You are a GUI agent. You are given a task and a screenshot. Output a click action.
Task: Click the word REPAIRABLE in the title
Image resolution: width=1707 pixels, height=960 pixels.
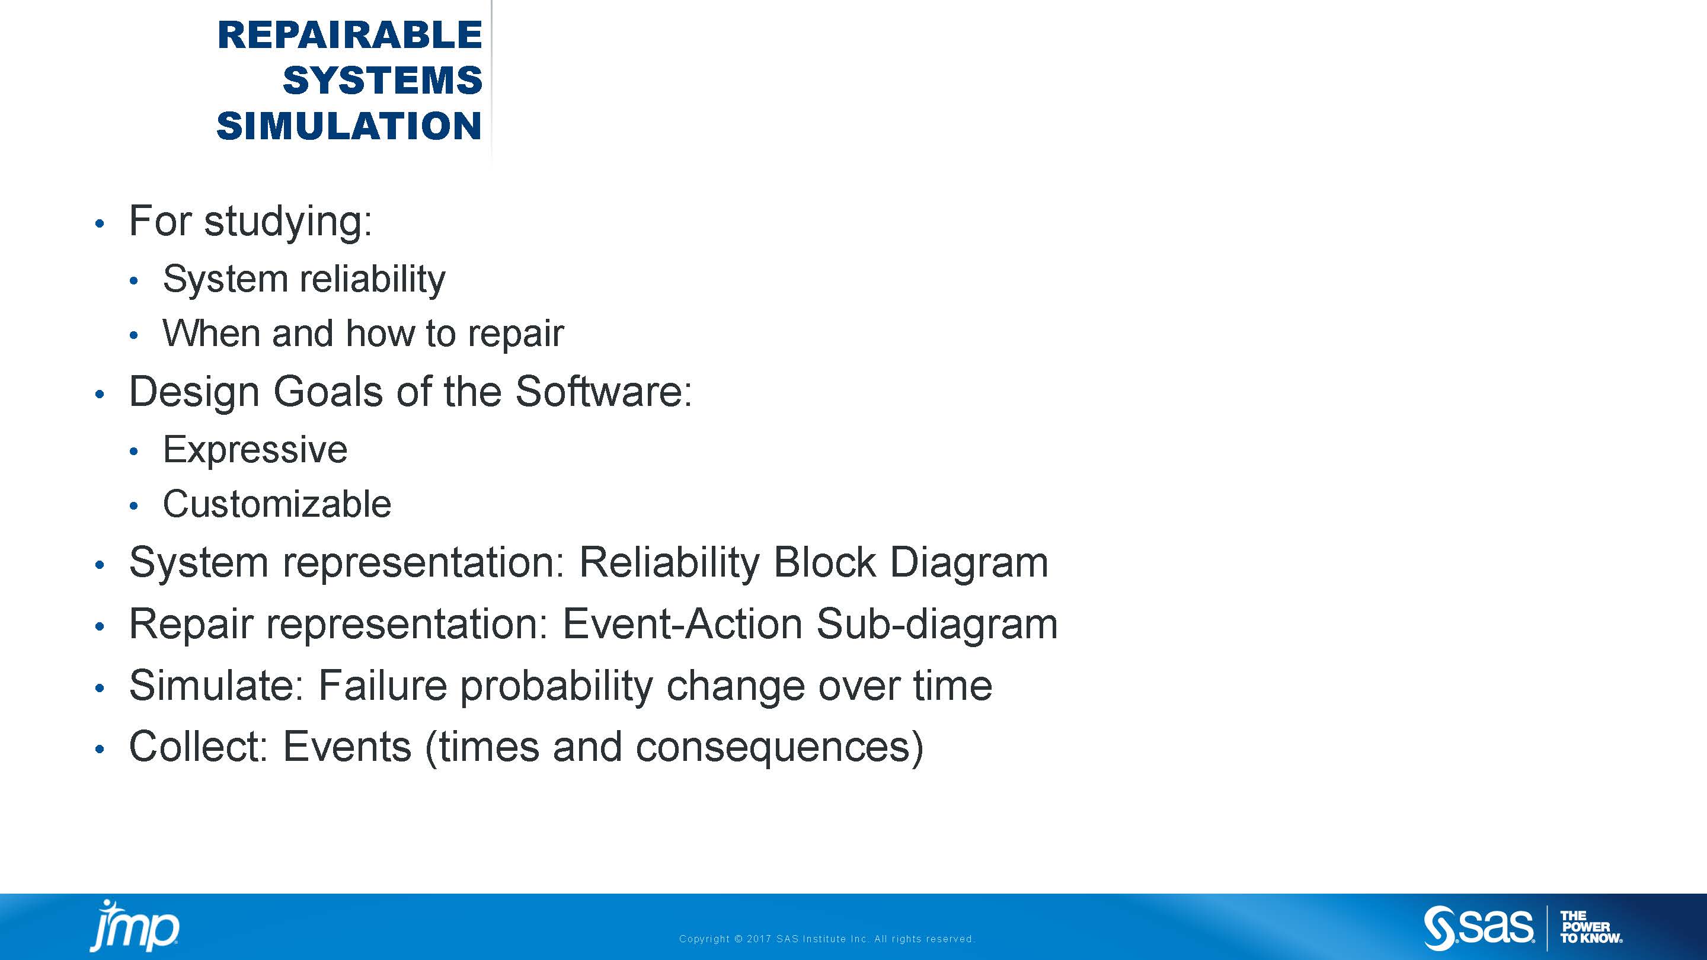(x=349, y=35)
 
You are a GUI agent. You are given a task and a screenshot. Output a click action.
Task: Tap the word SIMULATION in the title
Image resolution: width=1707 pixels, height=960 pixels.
(x=349, y=126)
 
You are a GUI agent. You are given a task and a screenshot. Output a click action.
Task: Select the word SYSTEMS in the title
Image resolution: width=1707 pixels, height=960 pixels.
(x=382, y=80)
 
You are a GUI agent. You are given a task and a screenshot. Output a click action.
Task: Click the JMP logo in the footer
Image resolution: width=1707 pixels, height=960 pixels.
(x=135, y=926)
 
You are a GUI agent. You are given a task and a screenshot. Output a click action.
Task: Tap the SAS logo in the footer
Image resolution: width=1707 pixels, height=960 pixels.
(x=1478, y=927)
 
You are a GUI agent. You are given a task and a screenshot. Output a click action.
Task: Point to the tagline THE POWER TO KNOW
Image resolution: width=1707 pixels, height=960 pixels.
(x=1591, y=927)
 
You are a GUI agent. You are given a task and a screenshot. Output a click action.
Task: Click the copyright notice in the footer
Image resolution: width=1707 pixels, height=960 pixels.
(x=826, y=939)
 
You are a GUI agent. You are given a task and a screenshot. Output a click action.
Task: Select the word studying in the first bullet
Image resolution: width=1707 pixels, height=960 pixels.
(x=288, y=222)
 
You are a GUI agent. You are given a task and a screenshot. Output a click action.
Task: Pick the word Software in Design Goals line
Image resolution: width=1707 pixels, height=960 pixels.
(x=604, y=392)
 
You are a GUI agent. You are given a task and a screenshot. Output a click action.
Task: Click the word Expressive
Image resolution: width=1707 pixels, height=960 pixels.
(x=255, y=450)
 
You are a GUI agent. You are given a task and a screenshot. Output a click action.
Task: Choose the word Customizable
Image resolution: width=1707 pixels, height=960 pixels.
(x=277, y=504)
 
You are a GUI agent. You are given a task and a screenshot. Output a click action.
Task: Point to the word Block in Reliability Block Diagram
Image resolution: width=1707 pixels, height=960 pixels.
(x=824, y=562)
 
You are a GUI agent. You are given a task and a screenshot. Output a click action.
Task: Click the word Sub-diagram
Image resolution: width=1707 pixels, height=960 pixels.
(x=937, y=625)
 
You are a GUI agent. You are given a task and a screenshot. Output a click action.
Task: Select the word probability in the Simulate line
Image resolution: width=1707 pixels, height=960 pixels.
(x=557, y=686)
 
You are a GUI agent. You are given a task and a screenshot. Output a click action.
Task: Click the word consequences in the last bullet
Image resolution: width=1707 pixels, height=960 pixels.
(x=779, y=747)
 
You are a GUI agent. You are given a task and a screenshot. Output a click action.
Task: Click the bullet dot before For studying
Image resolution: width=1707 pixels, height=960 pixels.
(x=100, y=224)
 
